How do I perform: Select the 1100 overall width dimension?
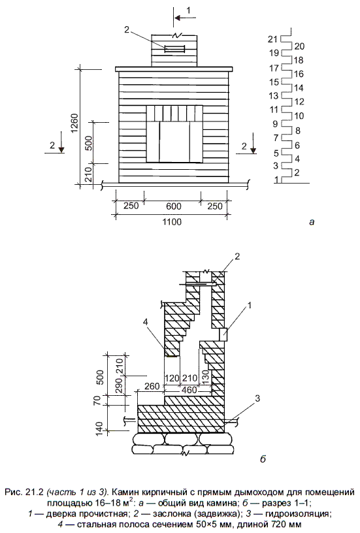(172, 221)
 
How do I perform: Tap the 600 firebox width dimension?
(173, 206)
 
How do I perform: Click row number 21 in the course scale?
(273, 39)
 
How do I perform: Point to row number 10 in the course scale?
(299, 116)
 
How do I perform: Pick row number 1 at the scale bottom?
(276, 179)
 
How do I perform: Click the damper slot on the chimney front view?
(174, 49)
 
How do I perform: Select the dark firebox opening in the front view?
(174, 142)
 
